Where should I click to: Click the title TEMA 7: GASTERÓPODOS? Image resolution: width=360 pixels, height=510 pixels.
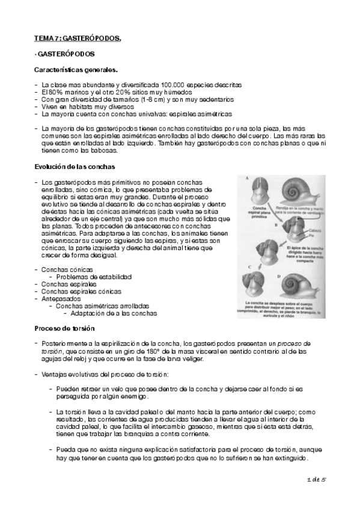click(x=78, y=39)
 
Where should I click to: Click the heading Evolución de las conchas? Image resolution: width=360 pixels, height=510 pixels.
click(x=75, y=165)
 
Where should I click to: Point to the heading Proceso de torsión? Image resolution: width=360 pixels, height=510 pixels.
click(x=64, y=328)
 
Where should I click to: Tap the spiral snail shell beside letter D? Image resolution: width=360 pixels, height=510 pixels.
click(x=299, y=284)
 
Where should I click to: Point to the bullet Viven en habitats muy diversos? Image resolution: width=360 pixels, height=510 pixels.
click(x=88, y=106)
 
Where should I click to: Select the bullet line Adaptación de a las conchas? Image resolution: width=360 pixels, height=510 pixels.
click(x=114, y=313)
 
